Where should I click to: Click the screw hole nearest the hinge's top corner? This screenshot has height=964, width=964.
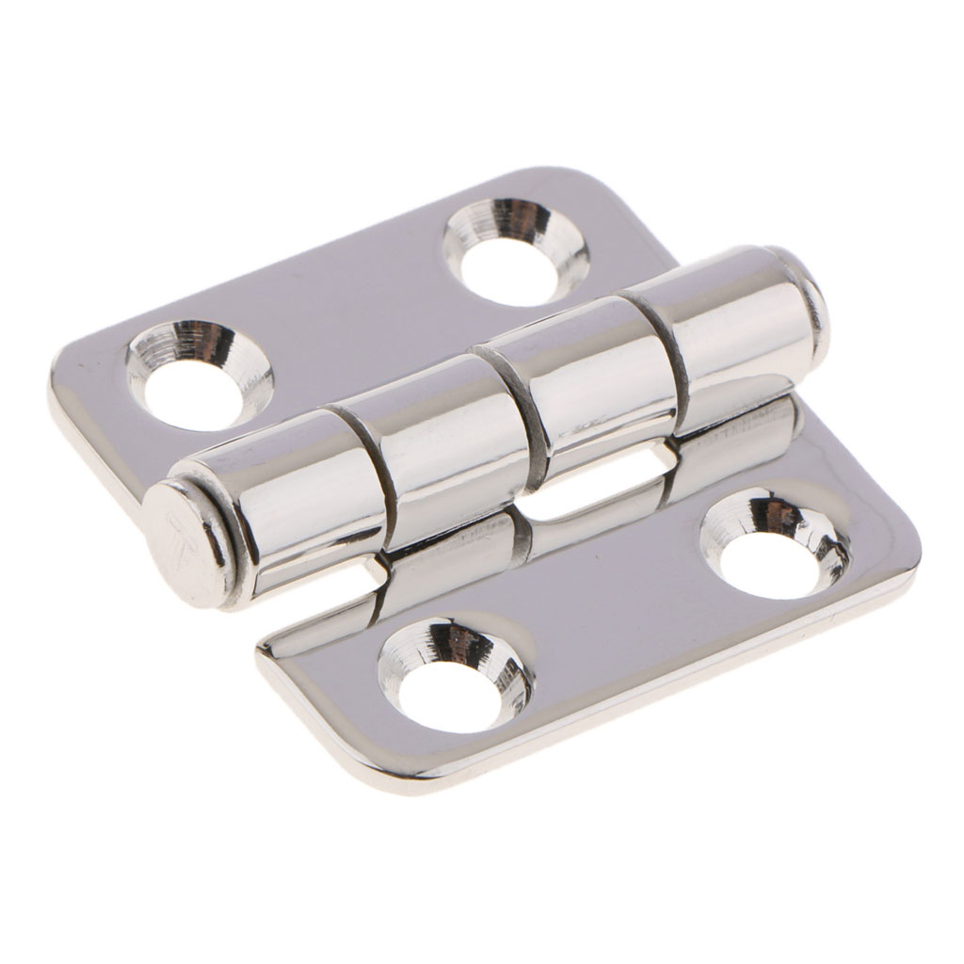516,249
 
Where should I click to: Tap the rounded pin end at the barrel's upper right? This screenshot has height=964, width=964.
810,299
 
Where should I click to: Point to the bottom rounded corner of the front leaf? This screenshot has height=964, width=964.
424,777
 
